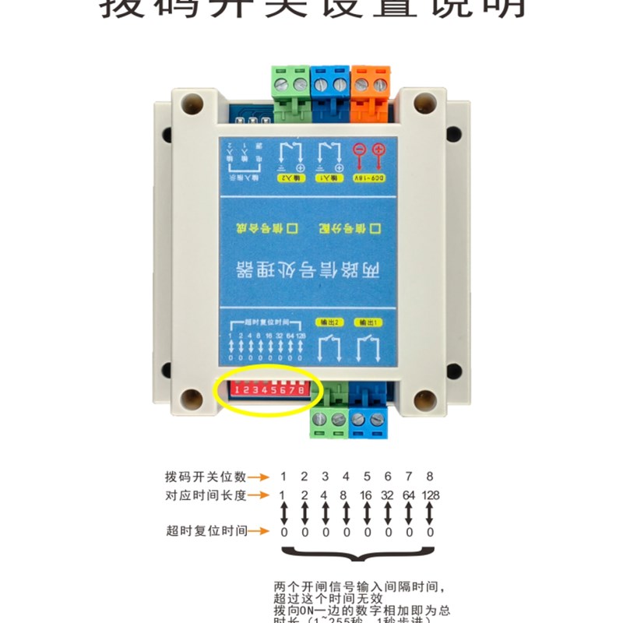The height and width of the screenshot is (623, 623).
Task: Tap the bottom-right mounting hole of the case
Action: (424, 399)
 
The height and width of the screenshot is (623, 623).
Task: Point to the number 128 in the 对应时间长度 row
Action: (430, 495)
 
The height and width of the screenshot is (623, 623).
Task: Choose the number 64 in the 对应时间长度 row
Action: (408, 495)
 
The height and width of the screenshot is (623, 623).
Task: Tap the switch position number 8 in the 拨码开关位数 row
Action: (430, 477)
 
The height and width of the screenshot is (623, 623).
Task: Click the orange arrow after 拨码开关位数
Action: (260, 477)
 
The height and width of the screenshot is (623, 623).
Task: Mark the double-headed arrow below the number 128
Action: (430, 513)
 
